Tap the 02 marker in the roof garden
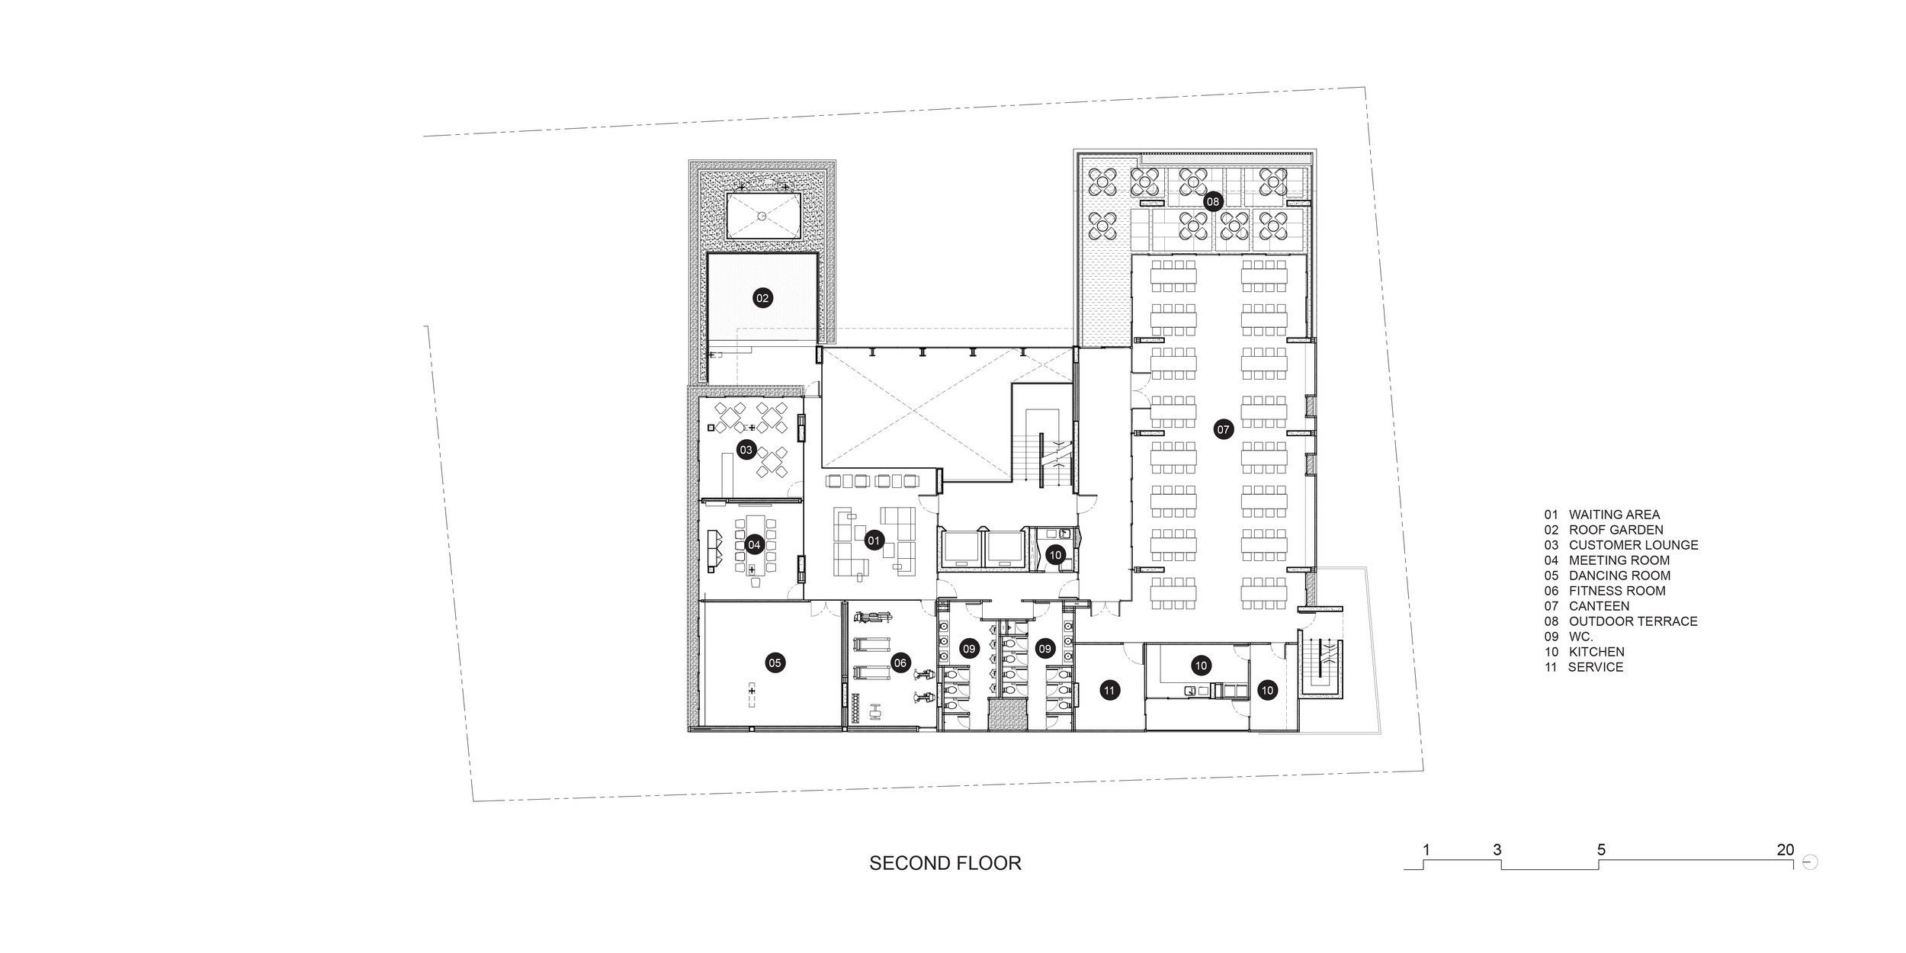tap(762, 298)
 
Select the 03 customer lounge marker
tap(746, 450)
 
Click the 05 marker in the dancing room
tap(775, 663)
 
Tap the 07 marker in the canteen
tap(1224, 430)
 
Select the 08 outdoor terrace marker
tap(1212, 202)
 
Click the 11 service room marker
tap(1109, 691)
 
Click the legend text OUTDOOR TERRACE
tap(1633, 621)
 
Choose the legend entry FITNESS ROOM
tap(1617, 591)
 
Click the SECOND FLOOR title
tap(945, 863)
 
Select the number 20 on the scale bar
tap(1786, 849)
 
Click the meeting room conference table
tap(220, 544)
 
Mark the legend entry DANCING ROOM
tap(1619, 576)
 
